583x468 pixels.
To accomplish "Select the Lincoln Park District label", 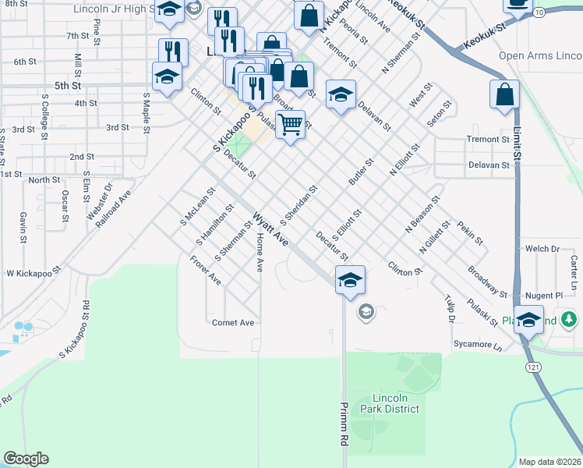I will [x=390, y=403].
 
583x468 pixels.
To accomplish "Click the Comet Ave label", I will [x=233, y=322].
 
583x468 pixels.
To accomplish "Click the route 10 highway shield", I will [x=539, y=12].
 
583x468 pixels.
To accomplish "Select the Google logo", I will [x=26, y=459].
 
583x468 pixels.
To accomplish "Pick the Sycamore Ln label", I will [x=478, y=344].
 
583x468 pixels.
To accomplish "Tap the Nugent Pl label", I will [x=544, y=296].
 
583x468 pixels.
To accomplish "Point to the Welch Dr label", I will [x=542, y=249].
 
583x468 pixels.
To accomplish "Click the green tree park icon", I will [x=570, y=319].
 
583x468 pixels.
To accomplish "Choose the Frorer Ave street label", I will [x=206, y=269].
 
